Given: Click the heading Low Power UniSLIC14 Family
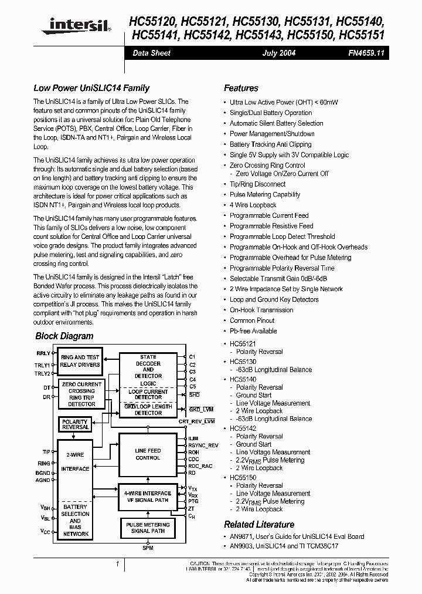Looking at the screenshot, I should (x=91, y=88).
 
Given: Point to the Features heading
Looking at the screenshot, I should (x=241, y=88).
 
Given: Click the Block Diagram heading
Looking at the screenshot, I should (x=64, y=336).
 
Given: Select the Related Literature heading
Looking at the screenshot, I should (x=259, y=524).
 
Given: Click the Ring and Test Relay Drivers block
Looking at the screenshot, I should (x=80, y=361).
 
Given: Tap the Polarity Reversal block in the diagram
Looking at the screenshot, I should (x=75, y=424).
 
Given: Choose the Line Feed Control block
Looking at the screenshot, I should (x=148, y=454).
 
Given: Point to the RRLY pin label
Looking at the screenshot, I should (x=43, y=354).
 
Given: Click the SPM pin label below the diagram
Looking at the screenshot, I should (x=148, y=548).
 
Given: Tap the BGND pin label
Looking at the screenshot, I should (x=43, y=472).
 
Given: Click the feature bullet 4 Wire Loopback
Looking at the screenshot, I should (x=253, y=205).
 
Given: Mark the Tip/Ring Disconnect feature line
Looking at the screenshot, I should (x=257, y=184).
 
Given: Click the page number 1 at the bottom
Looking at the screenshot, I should (x=118, y=564).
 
